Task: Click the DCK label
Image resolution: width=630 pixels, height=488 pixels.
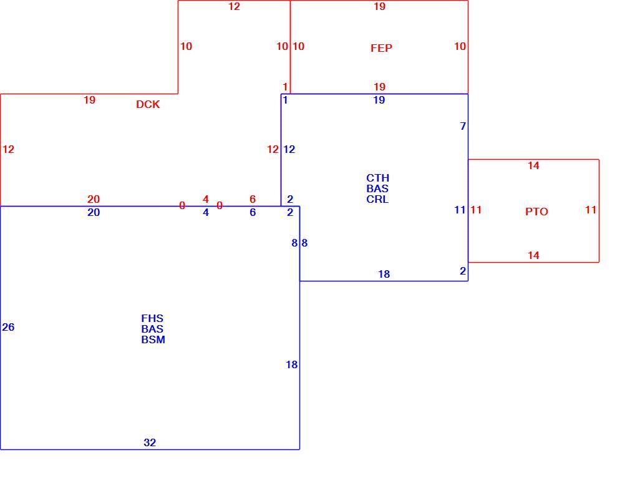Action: point(148,104)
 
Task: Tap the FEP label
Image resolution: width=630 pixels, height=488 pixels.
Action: point(381,48)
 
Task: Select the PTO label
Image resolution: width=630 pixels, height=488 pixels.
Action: point(537,212)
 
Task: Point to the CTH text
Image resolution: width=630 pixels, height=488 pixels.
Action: point(377,178)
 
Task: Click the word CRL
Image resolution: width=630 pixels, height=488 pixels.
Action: point(377,199)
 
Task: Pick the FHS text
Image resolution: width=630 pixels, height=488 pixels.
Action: point(152,318)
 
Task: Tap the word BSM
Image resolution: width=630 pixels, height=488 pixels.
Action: point(153,339)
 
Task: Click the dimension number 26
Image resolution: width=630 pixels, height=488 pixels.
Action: point(8,327)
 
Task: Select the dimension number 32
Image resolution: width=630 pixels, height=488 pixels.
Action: point(150,442)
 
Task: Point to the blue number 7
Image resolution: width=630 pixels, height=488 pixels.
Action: point(463,126)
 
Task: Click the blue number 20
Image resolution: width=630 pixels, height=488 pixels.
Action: point(94,212)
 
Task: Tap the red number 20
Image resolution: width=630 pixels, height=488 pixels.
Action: point(94,199)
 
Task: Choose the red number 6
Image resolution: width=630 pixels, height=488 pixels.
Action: point(253,199)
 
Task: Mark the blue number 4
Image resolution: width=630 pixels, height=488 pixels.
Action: point(206,212)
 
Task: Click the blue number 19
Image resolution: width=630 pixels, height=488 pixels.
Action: point(379,100)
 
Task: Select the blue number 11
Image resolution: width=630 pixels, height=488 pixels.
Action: point(460,210)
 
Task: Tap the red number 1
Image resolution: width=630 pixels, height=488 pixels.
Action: point(285,87)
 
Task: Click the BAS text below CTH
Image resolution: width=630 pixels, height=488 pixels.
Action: point(377,188)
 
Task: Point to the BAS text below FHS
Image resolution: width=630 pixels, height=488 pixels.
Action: point(152,329)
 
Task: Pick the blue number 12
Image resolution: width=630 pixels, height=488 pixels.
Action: point(289,150)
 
